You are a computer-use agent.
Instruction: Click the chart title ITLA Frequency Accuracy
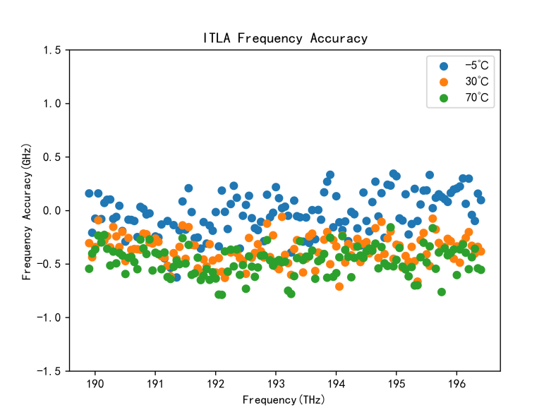285,39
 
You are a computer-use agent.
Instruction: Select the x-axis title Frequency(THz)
285,400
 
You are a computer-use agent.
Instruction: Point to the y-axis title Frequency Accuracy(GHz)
27,210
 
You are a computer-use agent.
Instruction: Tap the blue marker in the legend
444,66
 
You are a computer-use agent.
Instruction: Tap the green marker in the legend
444,97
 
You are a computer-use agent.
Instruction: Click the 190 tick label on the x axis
95,385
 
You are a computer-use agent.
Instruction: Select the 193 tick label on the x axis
275,385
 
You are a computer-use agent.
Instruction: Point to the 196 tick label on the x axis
457,385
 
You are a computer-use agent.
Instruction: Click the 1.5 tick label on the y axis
52,50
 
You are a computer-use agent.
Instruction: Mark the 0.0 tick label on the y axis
52,210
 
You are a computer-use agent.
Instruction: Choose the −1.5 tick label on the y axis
49,371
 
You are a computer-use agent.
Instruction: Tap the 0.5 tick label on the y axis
52,157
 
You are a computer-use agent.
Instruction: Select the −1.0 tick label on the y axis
49,318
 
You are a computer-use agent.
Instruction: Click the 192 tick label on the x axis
215,385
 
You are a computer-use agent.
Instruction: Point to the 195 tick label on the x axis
396,385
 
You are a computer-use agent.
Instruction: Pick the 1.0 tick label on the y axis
52,104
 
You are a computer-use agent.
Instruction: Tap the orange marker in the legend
444,81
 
